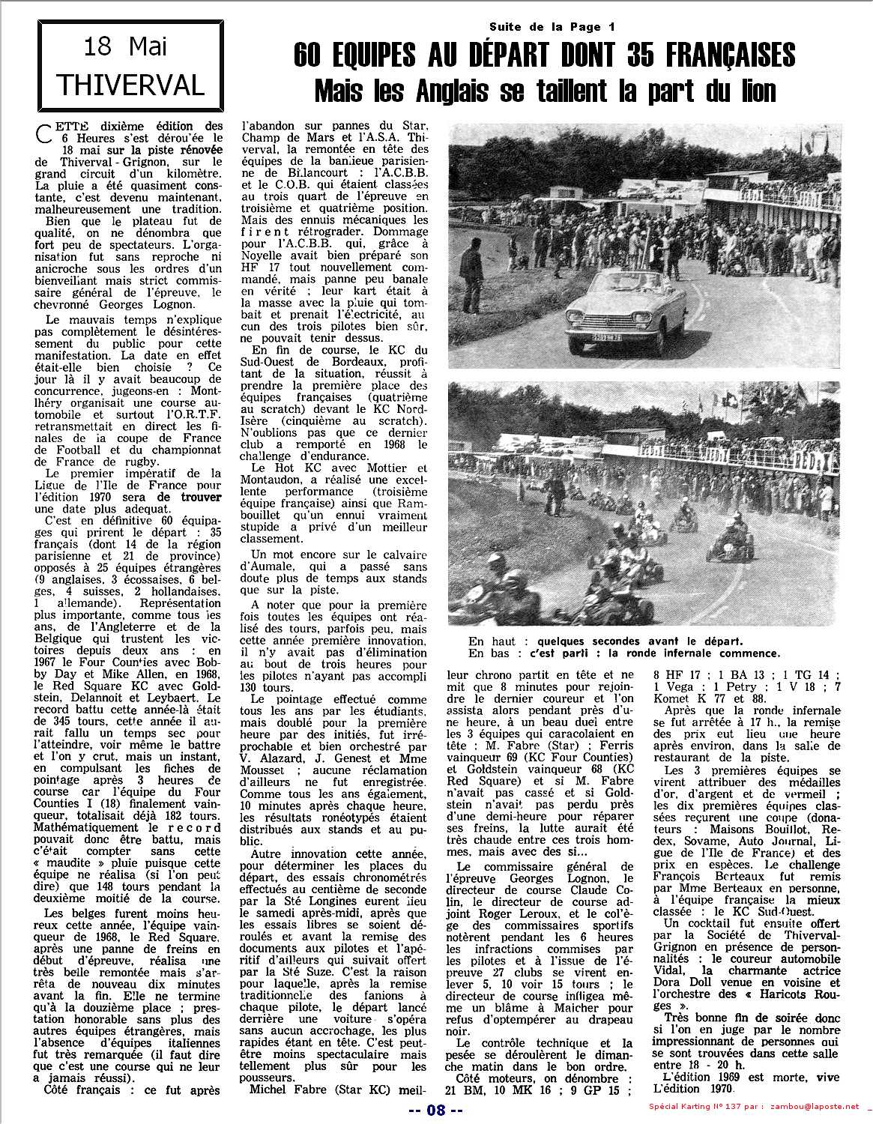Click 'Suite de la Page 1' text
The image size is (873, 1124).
pyautogui.click(x=546, y=27)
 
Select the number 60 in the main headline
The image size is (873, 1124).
pyautogui.click(x=309, y=56)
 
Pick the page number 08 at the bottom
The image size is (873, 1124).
pyautogui.click(x=436, y=1110)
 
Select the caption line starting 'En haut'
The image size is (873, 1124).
pyautogui.click(x=605, y=641)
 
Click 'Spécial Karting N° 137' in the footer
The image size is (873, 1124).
pyautogui.click(x=698, y=1110)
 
